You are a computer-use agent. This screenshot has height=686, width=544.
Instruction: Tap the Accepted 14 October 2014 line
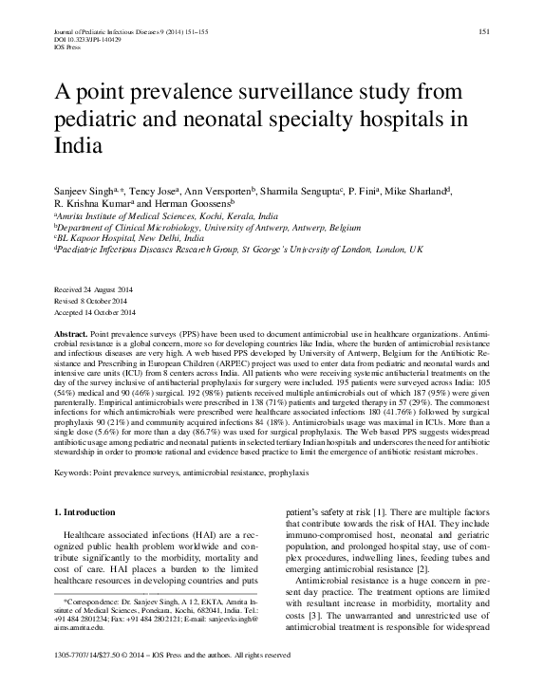click(x=96, y=312)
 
